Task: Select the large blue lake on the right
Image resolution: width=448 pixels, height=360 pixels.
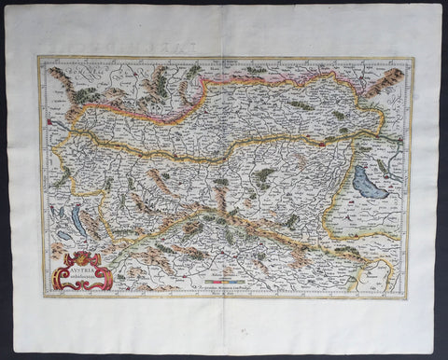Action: point(371,185)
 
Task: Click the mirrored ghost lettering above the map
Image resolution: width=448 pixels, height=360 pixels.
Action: point(224,45)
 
